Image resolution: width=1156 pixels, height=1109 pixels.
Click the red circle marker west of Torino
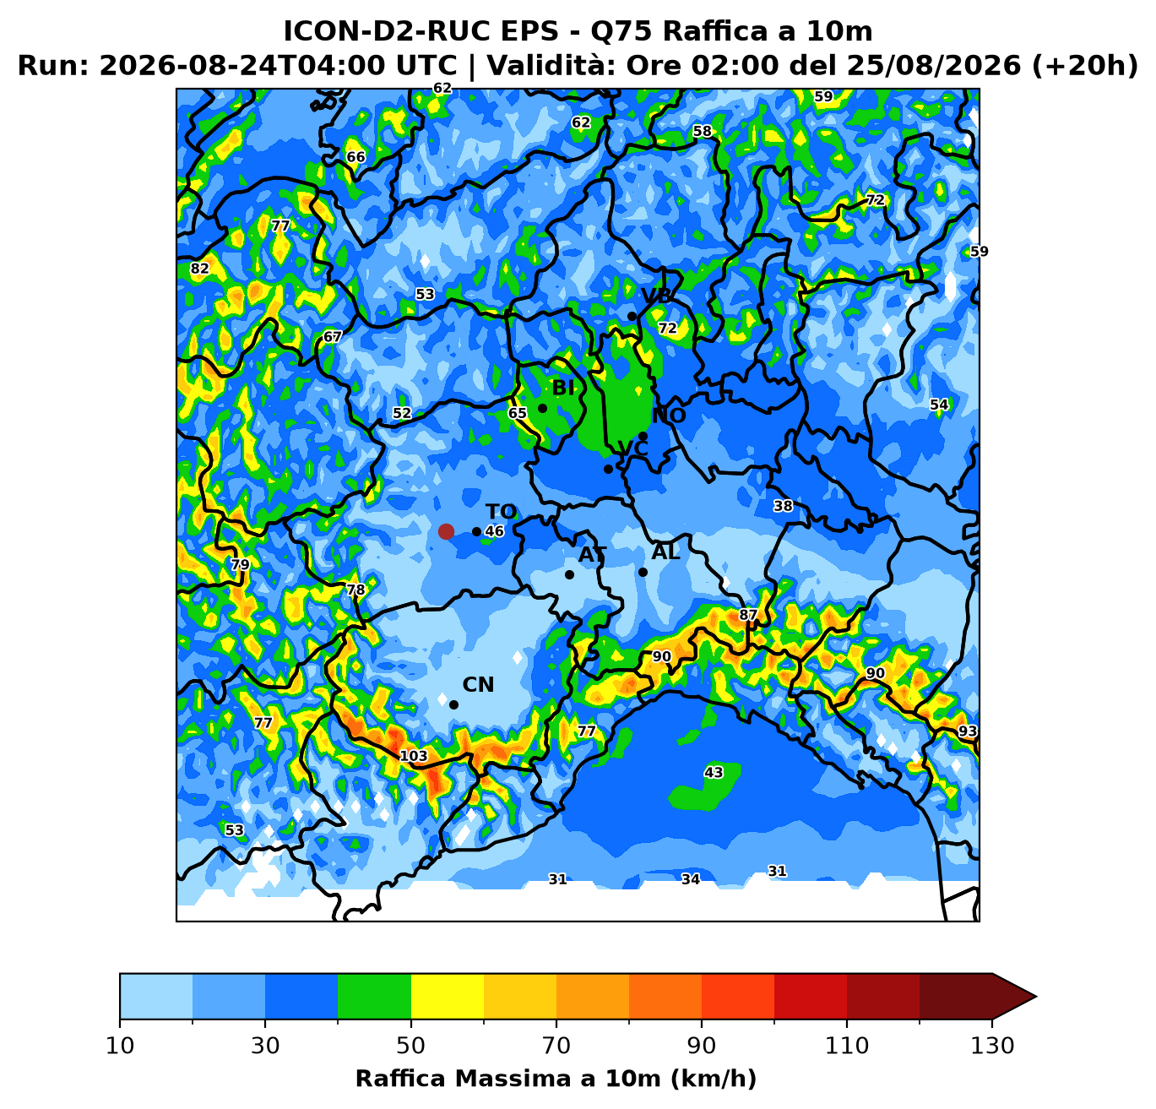click(446, 531)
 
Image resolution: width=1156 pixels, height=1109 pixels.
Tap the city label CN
click(478, 685)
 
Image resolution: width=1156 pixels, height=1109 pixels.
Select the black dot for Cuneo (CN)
click(453, 705)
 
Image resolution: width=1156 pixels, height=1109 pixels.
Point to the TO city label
click(501, 512)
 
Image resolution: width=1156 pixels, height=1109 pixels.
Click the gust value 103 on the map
click(414, 756)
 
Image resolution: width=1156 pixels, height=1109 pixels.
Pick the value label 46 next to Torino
click(494, 531)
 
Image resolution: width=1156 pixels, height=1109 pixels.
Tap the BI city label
click(563, 388)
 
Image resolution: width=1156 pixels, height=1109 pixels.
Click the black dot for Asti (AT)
click(569, 574)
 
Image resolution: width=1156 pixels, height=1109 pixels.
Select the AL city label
click(665, 552)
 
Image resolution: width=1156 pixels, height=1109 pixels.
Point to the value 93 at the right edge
click(968, 731)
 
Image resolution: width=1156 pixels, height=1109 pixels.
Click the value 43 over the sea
click(714, 772)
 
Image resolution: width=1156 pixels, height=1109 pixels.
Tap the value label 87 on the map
click(748, 615)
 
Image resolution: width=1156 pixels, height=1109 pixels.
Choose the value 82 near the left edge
click(199, 269)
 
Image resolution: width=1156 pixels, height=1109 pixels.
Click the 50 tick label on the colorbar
click(410, 1046)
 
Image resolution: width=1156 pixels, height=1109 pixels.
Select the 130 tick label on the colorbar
click(992, 1046)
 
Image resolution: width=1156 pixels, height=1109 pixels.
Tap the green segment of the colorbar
click(374, 997)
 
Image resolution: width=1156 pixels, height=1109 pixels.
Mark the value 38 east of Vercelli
click(783, 506)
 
